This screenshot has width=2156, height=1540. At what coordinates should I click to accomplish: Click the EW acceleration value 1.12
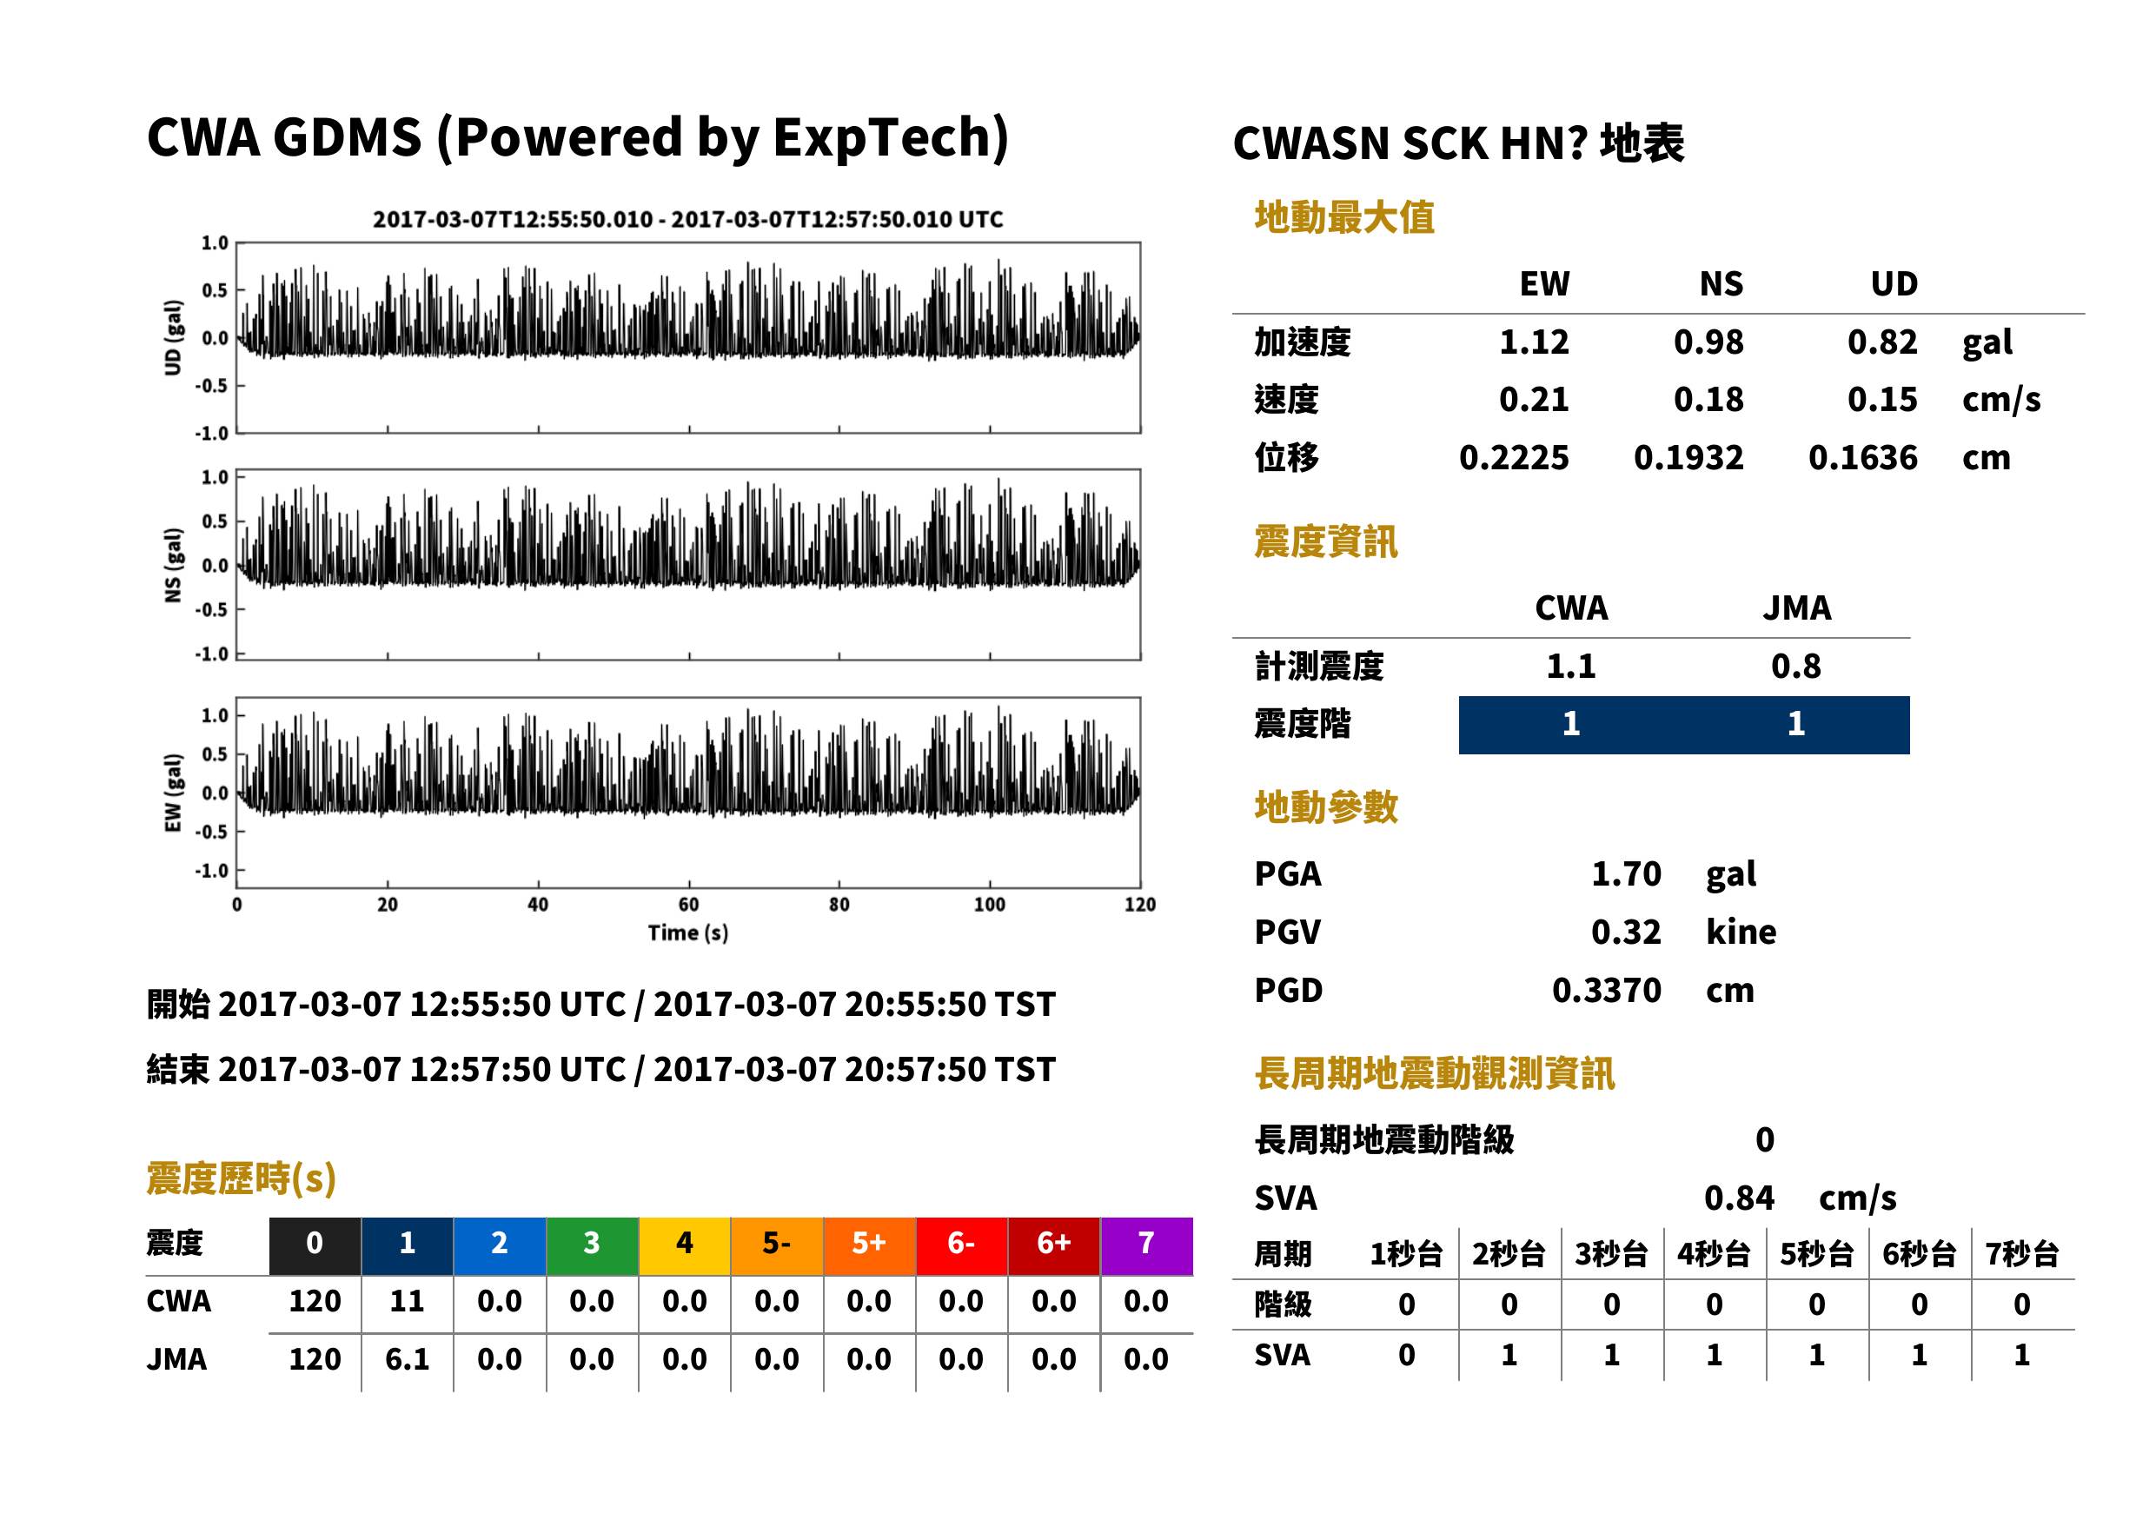click(1533, 342)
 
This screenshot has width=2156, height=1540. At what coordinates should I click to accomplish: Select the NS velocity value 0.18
click(1708, 399)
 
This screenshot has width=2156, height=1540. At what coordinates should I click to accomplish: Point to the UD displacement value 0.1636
click(1862, 458)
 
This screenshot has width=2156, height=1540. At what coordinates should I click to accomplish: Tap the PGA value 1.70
click(1626, 873)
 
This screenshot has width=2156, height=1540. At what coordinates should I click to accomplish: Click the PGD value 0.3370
click(1606, 990)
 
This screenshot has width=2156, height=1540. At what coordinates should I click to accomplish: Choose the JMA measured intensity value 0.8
click(1795, 666)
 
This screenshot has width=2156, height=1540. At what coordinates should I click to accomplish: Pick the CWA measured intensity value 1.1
click(1571, 666)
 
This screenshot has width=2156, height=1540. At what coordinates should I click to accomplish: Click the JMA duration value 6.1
click(407, 1359)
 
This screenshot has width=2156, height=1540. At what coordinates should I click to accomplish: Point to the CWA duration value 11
click(407, 1301)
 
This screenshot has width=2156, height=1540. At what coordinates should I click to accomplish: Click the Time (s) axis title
click(688, 933)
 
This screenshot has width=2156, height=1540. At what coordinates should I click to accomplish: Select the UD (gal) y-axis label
click(173, 337)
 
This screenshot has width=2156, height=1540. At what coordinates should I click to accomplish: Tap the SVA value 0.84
click(1739, 1198)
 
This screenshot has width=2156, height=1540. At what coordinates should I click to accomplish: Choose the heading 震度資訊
click(1325, 541)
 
